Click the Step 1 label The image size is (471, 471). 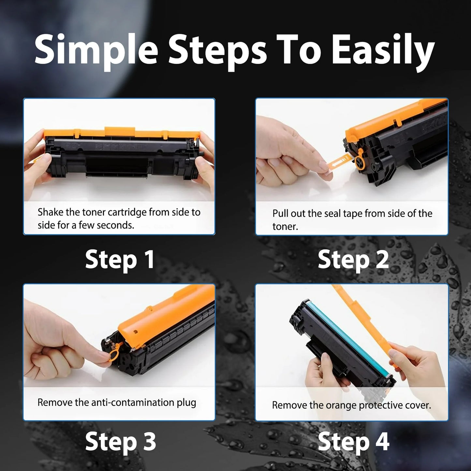pyautogui.click(x=120, y=259)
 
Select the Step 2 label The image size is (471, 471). pyautogui.click(x=353, y=259)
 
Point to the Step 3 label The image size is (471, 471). pyautogui.click(x=120, y=441)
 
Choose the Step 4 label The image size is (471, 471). pyautogui.click(x=353, y=441)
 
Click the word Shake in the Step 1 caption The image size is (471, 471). pyautogui.click(x=51, y=212)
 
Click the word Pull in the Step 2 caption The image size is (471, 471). pyautogui.click(x=280, y=213)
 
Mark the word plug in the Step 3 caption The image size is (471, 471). pyautogui.click(x=186, y=403)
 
